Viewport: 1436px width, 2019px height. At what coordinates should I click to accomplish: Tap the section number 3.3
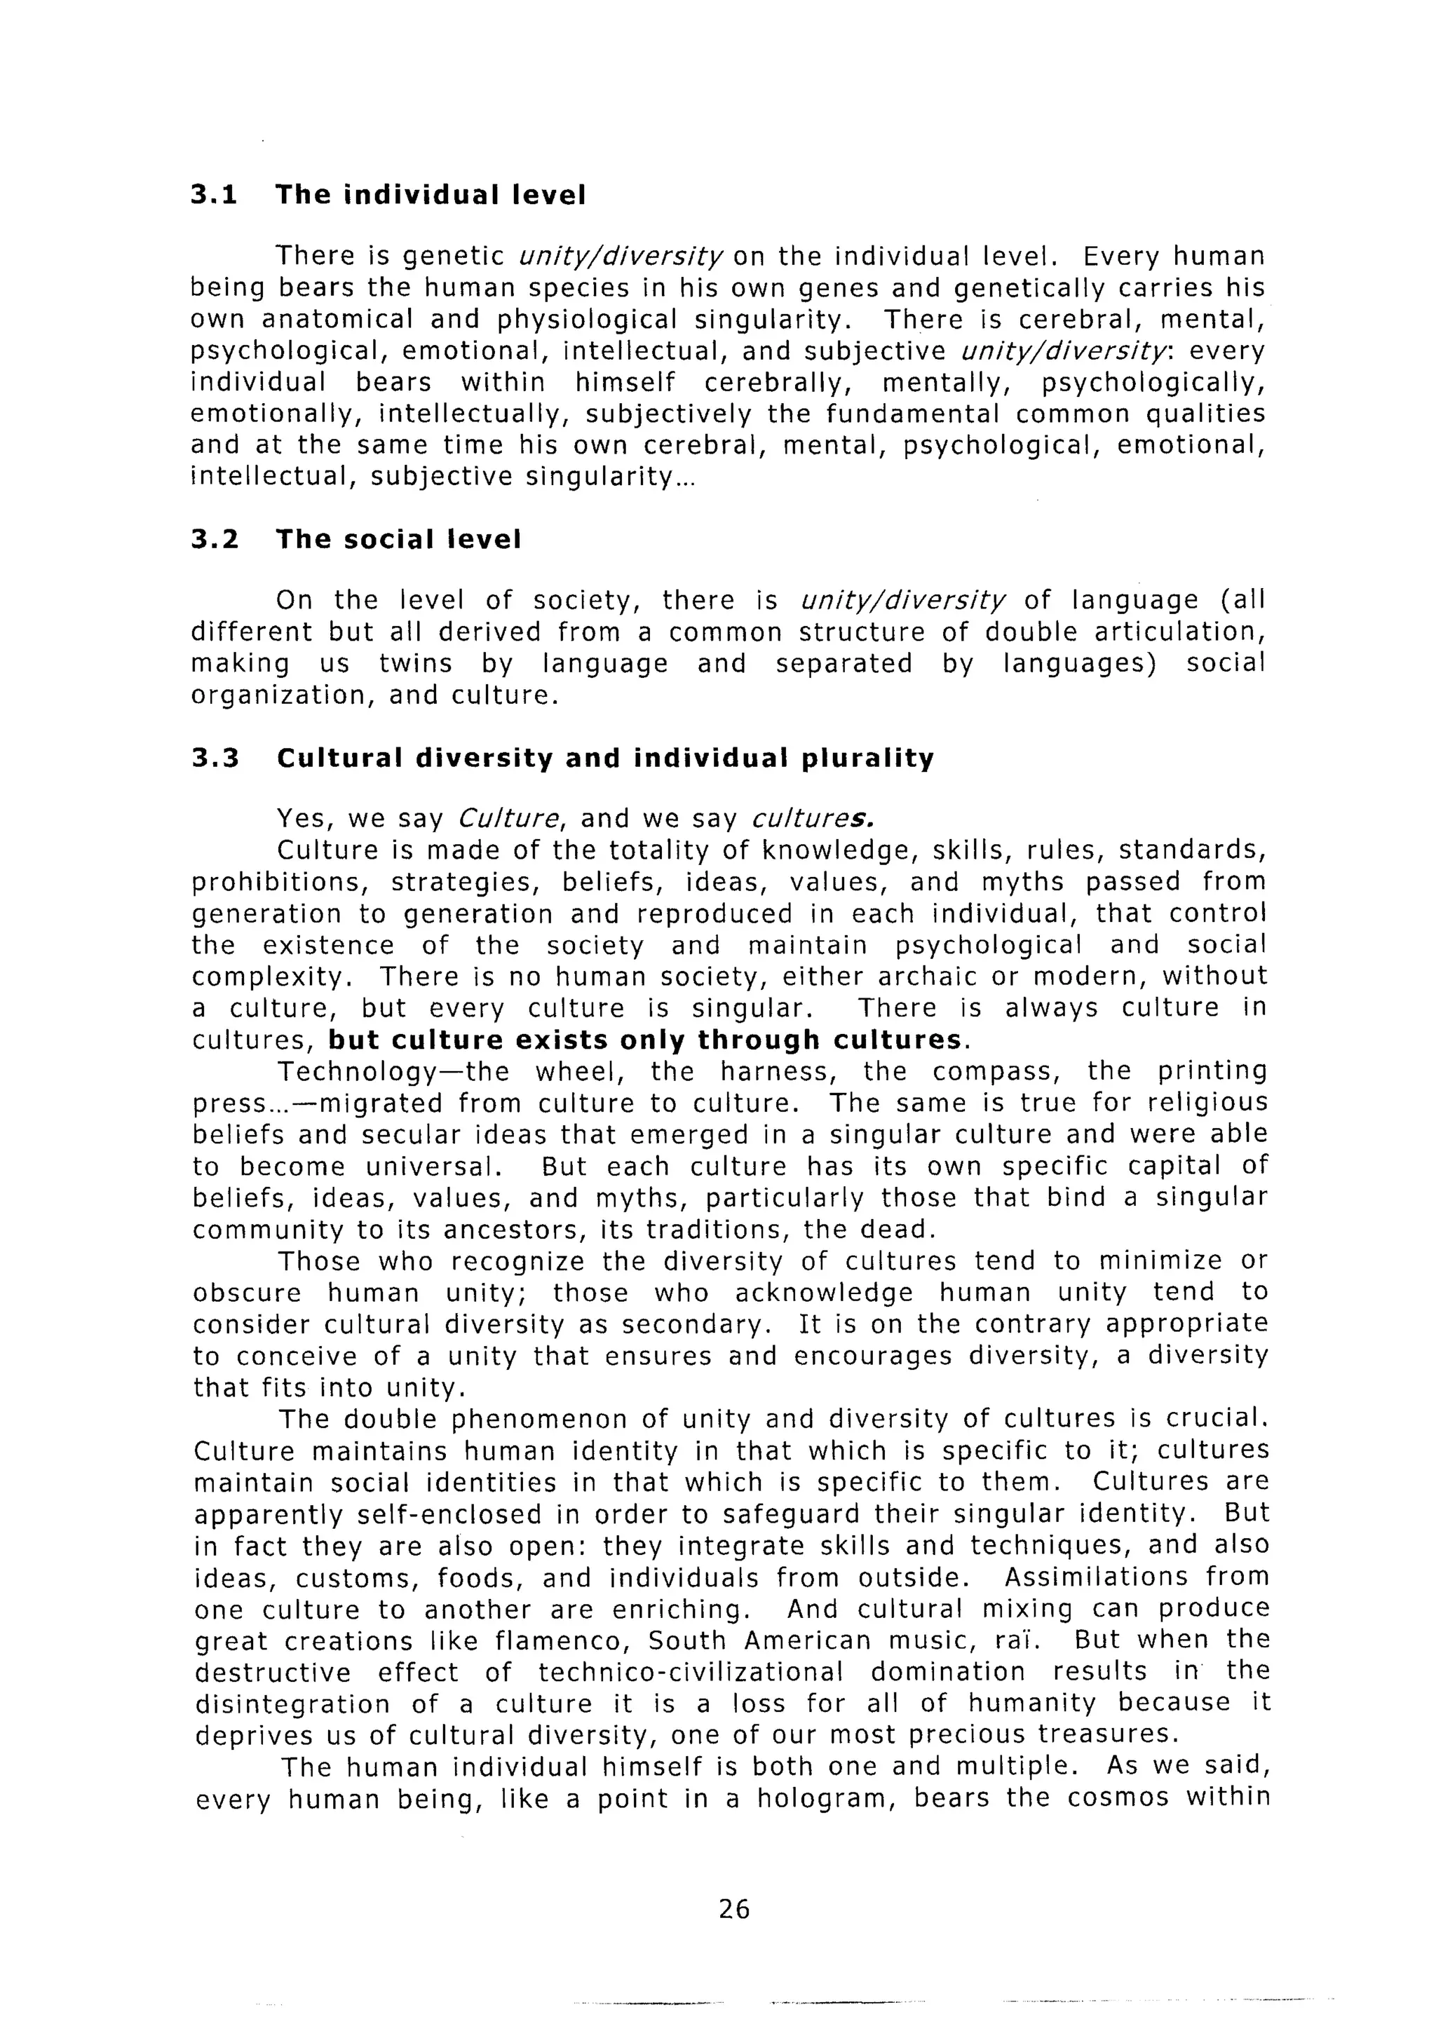pos(215,759)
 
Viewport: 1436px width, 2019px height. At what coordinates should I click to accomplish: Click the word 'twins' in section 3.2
pos(416,664)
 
